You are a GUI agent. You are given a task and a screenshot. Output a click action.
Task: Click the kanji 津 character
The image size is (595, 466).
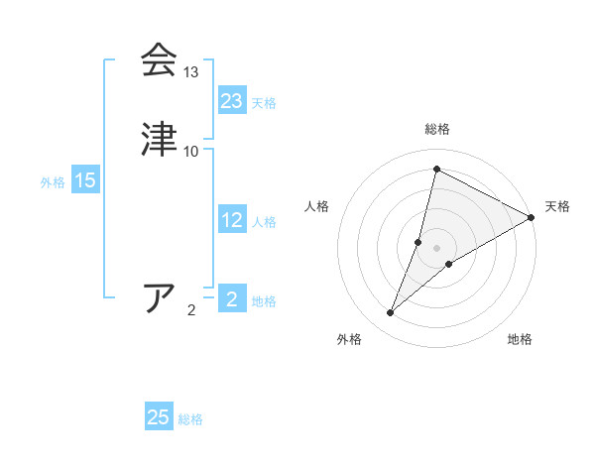click(x=160, y=138)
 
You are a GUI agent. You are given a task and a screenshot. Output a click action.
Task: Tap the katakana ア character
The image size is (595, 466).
click(x=160, y=297)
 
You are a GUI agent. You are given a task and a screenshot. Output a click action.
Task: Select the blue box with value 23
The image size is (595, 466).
click(x=232, y=100)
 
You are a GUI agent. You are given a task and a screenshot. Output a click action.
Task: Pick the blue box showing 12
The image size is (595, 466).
click(x=232, y=220)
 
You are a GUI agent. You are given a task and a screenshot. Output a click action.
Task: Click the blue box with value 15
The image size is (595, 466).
click(x=85, y=180)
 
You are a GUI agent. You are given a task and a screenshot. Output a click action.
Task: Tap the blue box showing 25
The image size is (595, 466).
click(x=159, y=417)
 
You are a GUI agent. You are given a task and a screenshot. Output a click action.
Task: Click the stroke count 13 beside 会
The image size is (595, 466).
click(x=191, y=72)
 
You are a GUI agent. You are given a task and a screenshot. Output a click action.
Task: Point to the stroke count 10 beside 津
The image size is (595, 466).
click(x=191, y=151)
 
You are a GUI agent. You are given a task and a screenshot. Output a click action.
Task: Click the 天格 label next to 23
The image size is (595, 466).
click(x=264, y=103)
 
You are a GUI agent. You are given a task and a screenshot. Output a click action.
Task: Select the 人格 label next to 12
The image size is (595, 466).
click(x=264, y=222)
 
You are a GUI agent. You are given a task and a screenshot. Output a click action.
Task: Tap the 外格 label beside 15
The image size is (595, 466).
click(x=53, y=182)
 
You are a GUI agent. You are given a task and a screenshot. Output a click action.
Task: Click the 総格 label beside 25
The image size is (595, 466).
click(x=190, y=419)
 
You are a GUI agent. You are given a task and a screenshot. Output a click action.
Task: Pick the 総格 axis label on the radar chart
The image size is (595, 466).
click(x=436, y=129)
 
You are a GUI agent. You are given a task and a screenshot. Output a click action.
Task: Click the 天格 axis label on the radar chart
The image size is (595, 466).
click(x=557, y=206)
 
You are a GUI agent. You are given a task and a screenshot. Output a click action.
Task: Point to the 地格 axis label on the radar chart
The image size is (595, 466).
click(x=520, y=339)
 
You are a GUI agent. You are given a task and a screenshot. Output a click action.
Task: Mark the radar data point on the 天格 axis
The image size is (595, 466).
click(x=532, y=217)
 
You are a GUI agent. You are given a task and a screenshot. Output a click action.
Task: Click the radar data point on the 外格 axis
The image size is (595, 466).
click(x=391, y=313)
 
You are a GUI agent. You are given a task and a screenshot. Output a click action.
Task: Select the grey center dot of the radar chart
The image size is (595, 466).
click(x=436, y=248)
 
